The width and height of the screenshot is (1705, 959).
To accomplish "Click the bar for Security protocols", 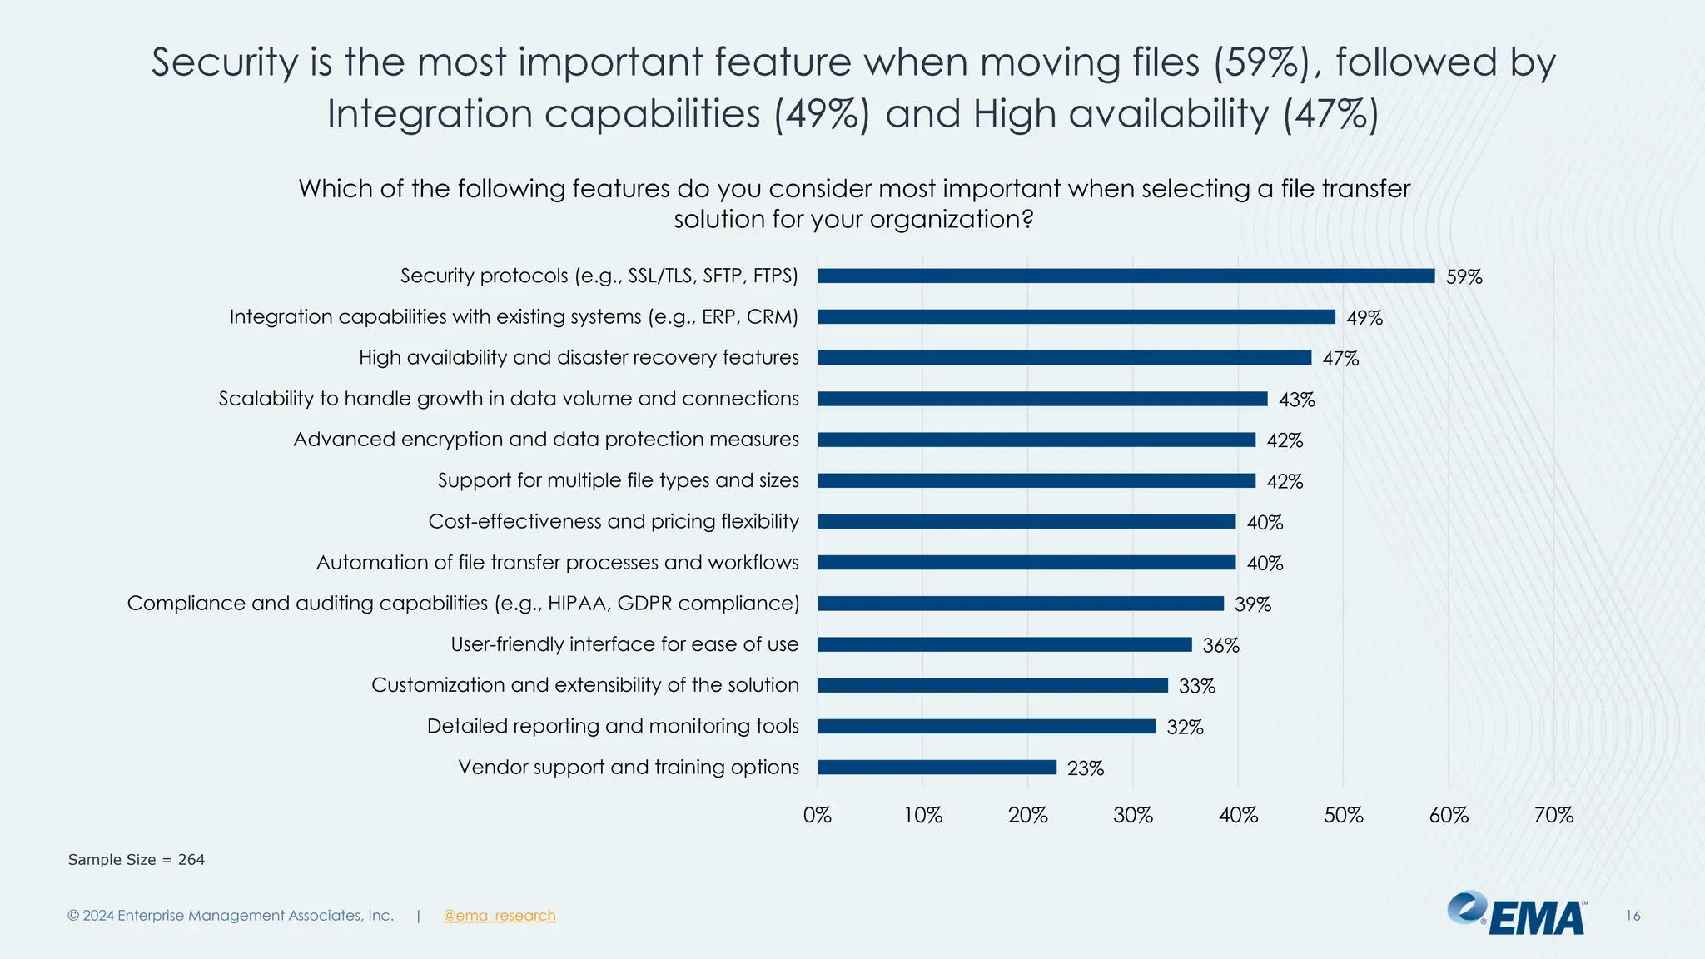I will pos(1126,276).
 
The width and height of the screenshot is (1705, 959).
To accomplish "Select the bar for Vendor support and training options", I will pos(937,768).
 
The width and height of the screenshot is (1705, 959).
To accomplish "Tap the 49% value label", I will pos(1364,318).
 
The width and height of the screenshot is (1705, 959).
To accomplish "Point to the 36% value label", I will pos(1220,645).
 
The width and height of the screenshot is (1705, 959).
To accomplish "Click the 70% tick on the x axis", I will pos(1553,815).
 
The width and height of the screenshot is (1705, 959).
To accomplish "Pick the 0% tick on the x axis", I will pos(817,815).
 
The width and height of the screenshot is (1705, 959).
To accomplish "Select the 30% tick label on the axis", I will pos(1132,815).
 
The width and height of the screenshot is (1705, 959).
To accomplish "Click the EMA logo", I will pos(1517,914).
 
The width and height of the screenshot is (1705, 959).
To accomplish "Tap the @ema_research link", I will pos(499,916).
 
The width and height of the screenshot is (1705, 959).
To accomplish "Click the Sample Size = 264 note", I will pos(136,860).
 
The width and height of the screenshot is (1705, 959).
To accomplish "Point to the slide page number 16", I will pos(1633,916).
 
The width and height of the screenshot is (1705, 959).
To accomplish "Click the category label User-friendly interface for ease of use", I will pos(624,644).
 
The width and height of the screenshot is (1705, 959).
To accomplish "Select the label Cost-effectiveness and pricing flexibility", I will pos(613,522).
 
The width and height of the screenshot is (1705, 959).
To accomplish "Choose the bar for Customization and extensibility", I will pos(992,686).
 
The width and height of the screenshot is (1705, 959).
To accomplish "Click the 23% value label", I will pos(1085,768).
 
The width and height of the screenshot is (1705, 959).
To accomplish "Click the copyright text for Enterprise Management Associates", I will pos(230,916).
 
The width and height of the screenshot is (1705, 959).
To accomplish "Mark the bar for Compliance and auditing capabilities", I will pos(1020,604).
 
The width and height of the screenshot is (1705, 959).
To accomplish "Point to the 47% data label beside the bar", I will pos(1340,359).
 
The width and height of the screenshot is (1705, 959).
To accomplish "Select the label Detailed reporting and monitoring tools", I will pos(613,726).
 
